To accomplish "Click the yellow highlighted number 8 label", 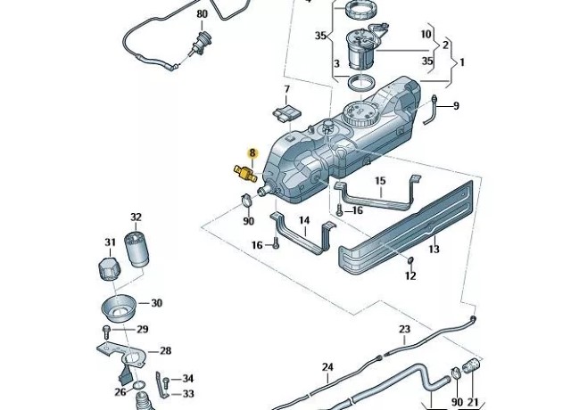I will (x=252, y=153).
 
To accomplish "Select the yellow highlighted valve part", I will (x=244, y=171).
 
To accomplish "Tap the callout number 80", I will (x=202, y=14).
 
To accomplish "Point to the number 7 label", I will (x=286, y=90).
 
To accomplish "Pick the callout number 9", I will (x=456, y=106).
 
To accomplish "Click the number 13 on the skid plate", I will (x=434, y=250).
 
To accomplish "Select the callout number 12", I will (x=410, y=276).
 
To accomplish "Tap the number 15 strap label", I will (x=380, y=182).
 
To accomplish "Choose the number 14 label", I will (x=303, y=220).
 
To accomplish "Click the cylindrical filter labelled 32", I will (x=136, y=249).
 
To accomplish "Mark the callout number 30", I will (x=157, y=303).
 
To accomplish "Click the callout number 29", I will (x=142, y=330).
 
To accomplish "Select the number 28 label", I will (x=165, y=351).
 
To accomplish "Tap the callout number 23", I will (x=404, y=329).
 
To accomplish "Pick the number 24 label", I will (x=327, y=367).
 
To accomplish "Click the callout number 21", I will (x=473, y=403).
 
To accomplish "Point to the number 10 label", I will (x=426, y=34).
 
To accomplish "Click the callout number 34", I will (x=188, y=380).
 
